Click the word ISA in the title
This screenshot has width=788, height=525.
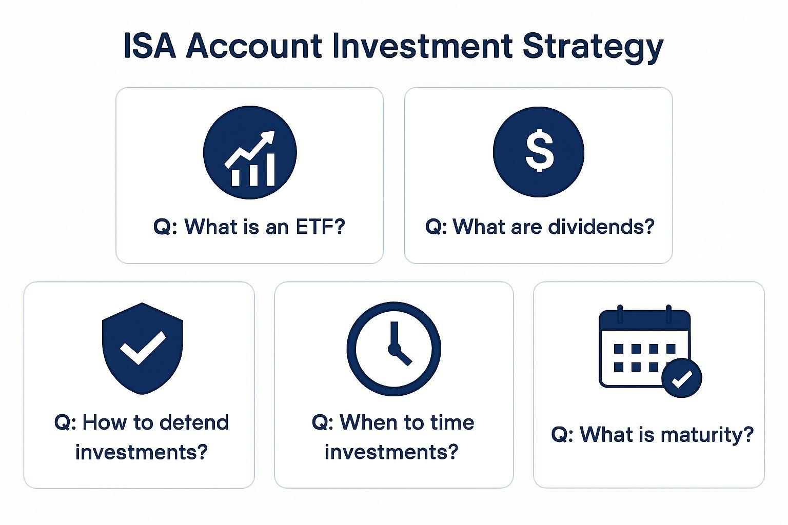pos(149,46)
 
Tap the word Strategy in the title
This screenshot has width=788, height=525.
pos(593,47)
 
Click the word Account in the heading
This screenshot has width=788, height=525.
pos(254,46)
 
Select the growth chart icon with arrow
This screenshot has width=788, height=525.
pos(250,153)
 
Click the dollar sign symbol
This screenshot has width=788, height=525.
pos(539,152)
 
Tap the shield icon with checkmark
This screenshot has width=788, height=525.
pos(143,348)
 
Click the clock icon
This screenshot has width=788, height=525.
pos(393,349)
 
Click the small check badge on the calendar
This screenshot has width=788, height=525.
pos(682,378)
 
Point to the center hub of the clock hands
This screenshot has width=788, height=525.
pos(393,350)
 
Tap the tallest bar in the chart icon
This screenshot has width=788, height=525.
pos(269,170)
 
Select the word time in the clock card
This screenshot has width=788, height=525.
pos(452,422)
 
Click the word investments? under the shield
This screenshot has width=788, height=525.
pos(141,452)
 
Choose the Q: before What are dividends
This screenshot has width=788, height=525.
pos(436,226)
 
